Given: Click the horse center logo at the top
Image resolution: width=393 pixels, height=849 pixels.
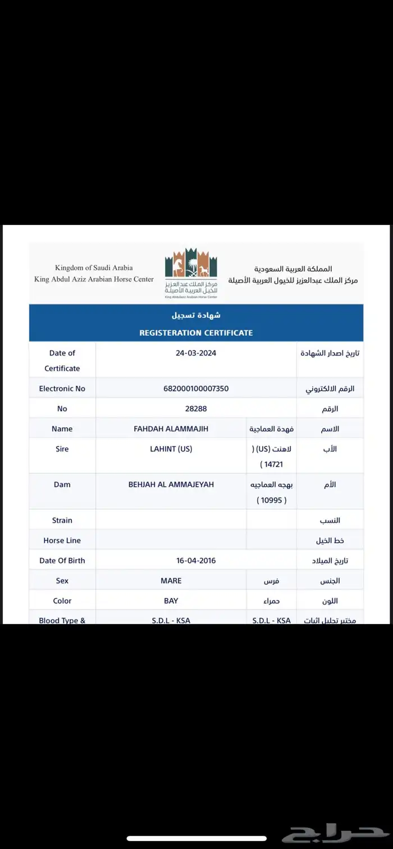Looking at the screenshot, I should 191,273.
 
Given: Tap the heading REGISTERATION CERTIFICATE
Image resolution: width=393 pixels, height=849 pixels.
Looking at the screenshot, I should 196,333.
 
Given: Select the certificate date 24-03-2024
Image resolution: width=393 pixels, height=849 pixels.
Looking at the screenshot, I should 196,353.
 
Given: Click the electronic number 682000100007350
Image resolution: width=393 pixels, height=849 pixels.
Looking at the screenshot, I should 196,389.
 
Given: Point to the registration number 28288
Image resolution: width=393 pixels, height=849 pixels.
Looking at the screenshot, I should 196,409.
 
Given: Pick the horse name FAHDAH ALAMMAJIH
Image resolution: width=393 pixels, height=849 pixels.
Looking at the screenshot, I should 171,429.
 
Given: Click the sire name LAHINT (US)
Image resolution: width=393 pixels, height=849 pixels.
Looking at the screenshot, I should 171,449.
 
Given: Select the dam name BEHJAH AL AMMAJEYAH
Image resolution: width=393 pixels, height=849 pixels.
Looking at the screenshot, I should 171,485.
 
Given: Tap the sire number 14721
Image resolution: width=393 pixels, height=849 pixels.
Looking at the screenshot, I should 272,465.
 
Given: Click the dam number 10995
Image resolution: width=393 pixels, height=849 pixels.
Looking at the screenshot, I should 272,500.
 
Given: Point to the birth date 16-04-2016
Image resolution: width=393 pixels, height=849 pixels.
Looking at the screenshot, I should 196,561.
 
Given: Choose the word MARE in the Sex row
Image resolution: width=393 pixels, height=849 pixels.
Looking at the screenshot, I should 171,581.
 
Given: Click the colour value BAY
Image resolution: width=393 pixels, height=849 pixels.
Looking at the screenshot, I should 171,601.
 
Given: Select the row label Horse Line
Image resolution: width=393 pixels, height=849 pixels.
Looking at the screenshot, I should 62,541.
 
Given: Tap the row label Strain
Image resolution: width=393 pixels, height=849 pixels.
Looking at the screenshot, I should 62,520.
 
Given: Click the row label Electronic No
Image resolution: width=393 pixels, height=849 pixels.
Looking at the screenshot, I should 62,389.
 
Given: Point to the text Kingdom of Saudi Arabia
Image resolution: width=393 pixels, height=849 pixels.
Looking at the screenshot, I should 94,268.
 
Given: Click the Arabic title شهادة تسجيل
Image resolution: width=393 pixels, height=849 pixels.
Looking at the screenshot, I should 196,315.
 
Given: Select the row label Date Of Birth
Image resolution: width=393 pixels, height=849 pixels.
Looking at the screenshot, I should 62,561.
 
